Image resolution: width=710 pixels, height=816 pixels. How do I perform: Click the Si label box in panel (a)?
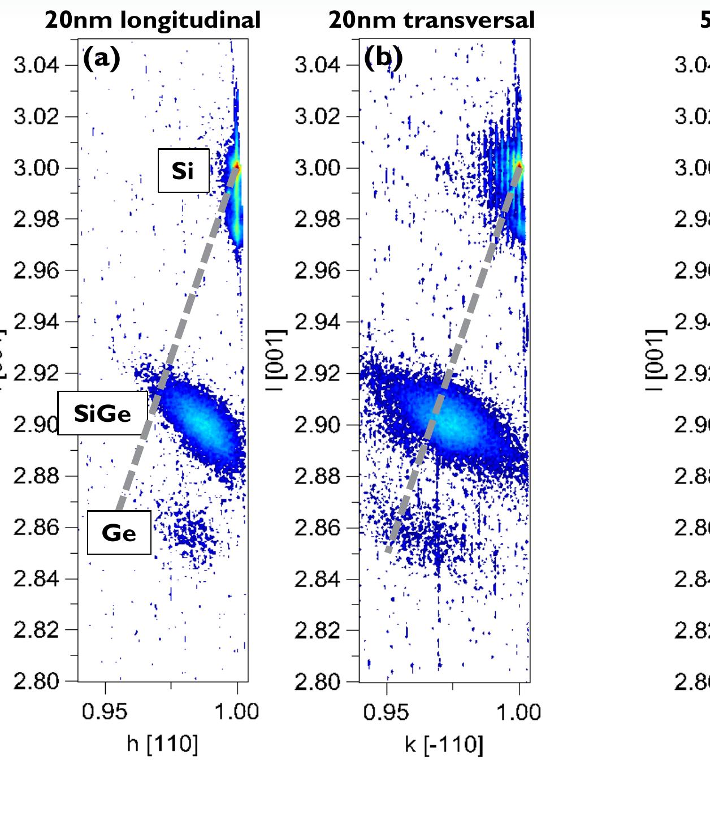[183, 170]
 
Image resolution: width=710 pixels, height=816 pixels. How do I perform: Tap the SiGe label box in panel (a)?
[102, 413]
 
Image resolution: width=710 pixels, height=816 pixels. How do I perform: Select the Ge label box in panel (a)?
[119, 533]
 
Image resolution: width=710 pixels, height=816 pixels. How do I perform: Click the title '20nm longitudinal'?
[153, 20]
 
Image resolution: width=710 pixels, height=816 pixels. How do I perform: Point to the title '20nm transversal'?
[431, 20]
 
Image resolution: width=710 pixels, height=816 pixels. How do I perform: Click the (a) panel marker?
[102, 58]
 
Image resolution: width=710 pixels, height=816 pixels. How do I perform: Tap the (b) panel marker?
[383, 58]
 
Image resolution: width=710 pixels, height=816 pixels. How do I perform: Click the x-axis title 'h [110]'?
[162, 744]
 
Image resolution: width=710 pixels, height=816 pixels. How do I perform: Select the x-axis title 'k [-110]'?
[444, 744]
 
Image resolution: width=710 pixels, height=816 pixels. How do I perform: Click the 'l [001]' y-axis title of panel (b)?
[277, 360]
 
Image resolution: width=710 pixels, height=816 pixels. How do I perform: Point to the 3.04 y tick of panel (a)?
[36, 65]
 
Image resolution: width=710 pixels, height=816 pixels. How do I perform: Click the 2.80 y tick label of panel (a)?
[36, 682]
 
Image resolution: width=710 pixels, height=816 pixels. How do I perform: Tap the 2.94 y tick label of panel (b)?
[317, 322]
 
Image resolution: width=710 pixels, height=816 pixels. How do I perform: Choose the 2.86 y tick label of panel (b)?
[317, 528]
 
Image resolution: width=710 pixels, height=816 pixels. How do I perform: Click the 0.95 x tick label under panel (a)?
[105, 711]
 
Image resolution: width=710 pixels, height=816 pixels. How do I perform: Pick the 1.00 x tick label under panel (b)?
[519, 711]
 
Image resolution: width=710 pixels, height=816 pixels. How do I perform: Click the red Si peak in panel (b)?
[518, 166]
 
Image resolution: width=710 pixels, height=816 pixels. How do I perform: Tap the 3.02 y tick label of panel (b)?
[317, 116]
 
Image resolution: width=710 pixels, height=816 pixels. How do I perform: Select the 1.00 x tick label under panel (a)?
[237, 711]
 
